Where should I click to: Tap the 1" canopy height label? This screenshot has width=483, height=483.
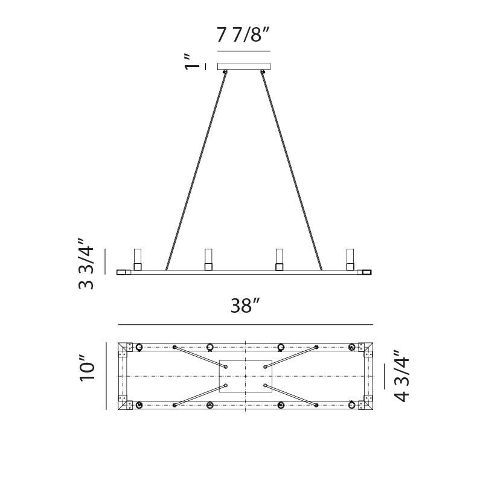point(192,62)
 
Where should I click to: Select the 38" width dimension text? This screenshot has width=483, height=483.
point(245,306)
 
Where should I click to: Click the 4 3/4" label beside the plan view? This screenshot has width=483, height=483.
point(401,376)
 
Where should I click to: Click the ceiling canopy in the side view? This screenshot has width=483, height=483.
point(243,66)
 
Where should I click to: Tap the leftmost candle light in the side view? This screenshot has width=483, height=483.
point(138,259)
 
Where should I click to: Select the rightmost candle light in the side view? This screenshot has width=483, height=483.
point(350,259)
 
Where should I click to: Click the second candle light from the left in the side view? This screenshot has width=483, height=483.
point(208,259)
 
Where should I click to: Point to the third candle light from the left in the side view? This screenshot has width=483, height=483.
point(279,259)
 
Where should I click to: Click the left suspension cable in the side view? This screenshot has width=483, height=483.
point(196,169)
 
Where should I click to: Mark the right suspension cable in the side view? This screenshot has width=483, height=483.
point(292,169)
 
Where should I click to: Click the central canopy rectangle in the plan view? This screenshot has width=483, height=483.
point(245,376)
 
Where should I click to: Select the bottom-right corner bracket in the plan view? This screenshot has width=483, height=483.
point(365,403)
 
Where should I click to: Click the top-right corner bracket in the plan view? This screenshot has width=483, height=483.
point(365,348)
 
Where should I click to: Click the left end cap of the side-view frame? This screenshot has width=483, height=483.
point(123,272)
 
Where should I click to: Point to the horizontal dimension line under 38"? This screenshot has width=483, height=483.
point(245,324)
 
